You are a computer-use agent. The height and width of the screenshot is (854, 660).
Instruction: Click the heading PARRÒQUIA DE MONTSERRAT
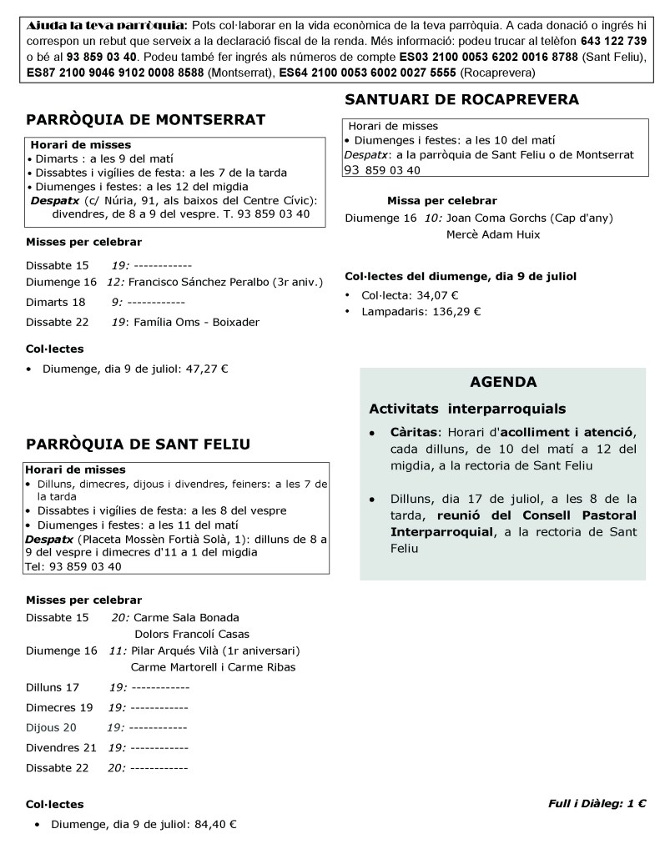[146, 120]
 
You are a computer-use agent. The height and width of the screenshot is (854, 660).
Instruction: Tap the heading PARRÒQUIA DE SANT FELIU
[138, 444]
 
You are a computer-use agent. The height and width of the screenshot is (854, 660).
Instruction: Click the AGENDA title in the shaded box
[502, 383]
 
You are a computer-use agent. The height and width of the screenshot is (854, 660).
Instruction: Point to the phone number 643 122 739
[612, 40]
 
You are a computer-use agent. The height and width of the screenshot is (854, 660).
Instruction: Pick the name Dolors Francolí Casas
[191, 634]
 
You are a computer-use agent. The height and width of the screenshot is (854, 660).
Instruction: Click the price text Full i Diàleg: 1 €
[597, 804]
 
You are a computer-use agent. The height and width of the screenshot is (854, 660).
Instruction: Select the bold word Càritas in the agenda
[415, 432]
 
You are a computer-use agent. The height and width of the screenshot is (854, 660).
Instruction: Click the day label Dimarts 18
[56, 302]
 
